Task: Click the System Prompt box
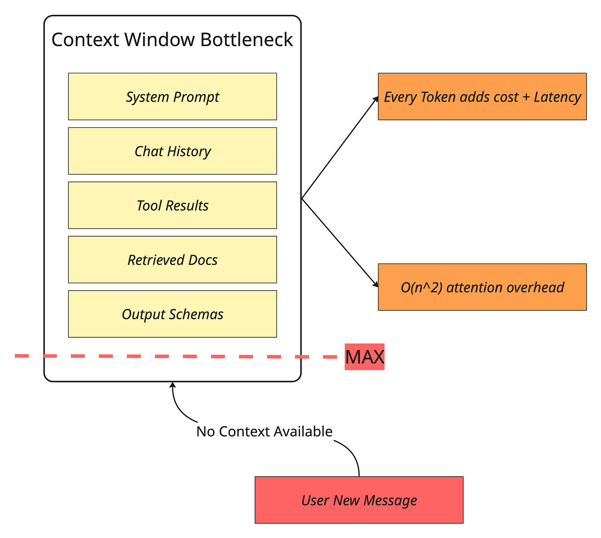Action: coord(172,96)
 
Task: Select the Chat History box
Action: coord(172,151)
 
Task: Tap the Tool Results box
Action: coord(172,205)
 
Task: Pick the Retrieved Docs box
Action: coord(172,260)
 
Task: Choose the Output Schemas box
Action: coord(172,314)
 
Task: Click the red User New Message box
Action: coord(359,500)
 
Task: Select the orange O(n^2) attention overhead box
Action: coord(482,287)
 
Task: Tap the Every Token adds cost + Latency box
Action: coord(482,96)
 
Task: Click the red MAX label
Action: coord(364,357)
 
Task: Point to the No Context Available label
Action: coord(264,431)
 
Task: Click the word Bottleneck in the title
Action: coord(246,40)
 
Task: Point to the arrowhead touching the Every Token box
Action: coord(376,99)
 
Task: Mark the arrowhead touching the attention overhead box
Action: coord(376,284)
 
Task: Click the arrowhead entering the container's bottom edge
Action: coord(173,385)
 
